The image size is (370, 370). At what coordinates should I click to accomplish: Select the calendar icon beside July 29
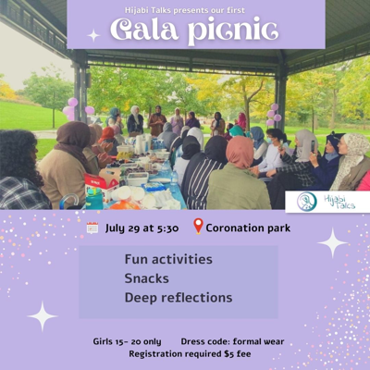pyautogui.click(x=92, y=228)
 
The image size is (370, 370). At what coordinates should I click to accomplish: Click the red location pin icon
pyautogui.click(x=197, y=227)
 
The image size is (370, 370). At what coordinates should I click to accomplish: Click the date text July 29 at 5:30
pyautogui.click(x=142, y=228)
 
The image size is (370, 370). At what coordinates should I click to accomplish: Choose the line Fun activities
pyautogui.click(x=167, y=259)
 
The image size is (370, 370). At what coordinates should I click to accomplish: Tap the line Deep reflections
pyautogui.click(x=178, y=297)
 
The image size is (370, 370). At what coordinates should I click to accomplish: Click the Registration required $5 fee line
pyautogui.click(x=190, y=353)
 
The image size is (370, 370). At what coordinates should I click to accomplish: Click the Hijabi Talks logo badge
pyautogui.click(x=327, y=201)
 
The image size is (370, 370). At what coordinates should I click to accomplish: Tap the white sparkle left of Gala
pyautogui.click(x=92, y=35)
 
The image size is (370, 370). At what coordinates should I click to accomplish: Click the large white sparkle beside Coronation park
pyautogui.click(x=332, y=242)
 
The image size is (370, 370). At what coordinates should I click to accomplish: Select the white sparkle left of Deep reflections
pyautogui.click(x=42, y=316)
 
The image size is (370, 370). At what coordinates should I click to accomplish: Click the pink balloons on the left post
pyautogui.click(x=70, y=107)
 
